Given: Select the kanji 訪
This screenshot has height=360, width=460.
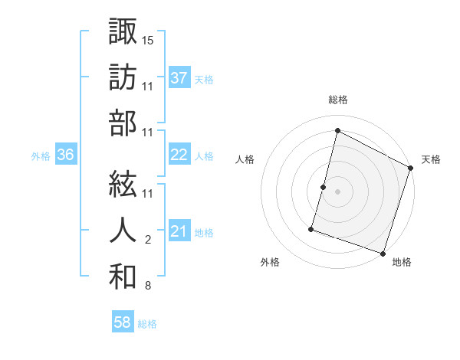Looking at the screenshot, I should click(x=123, y=77).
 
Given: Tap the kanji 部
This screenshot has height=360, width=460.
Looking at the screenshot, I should click(x=123, y=123).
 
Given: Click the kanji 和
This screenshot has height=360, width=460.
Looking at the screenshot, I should click(x=123, y=276).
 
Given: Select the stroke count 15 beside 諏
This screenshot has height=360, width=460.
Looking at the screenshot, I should click(x=149, y=39).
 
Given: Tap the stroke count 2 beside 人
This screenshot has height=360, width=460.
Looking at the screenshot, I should click(x=147, y=240).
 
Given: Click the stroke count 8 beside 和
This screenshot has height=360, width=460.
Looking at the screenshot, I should click(x=147, y=286).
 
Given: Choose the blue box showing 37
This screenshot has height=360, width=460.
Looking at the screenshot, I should click(x=179, y=77).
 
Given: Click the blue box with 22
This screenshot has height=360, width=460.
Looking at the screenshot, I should click(x=179, y=155).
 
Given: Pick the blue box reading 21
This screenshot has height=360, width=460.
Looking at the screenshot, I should click(x=179, y=231).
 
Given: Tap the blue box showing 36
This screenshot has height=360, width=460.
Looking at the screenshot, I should click(x=66, y=155).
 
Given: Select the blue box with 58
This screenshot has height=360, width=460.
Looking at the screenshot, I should click(x=123, y=322).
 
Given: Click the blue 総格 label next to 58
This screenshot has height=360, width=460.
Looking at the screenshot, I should click(x=147, y=324).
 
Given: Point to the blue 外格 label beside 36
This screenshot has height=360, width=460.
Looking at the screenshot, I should click(x=41, y=156).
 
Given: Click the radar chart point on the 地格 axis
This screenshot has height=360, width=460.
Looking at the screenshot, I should click(x=383, y=253).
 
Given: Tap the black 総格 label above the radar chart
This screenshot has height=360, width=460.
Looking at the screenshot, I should click(x=338, y=100).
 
